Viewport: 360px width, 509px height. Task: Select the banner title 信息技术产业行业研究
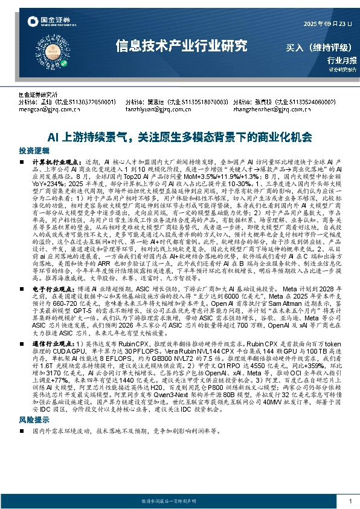[x=181, y=45]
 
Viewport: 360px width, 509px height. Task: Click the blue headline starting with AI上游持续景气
[x=179, y=137]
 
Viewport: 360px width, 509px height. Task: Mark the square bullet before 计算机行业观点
[x=22, y=163]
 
